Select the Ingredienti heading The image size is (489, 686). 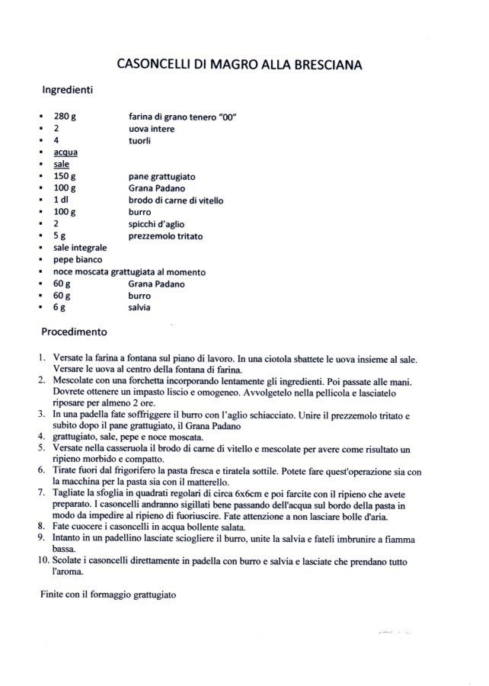(x=67, y=90)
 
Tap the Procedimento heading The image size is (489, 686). (x=74, y=332)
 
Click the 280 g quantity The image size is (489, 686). (x=65, y=117)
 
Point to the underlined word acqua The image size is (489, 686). (x=66, y=152)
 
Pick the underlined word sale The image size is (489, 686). (x=61, y=165)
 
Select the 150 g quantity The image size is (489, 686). (x=65, y=177)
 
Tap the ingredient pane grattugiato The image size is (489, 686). (x=162, y=177)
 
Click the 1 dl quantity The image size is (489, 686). (x=62, y=200)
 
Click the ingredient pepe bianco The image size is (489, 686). (x=78, y=260)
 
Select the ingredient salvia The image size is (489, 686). (x=139, y=307)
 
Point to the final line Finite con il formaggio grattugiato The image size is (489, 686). (x=108, y=593)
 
